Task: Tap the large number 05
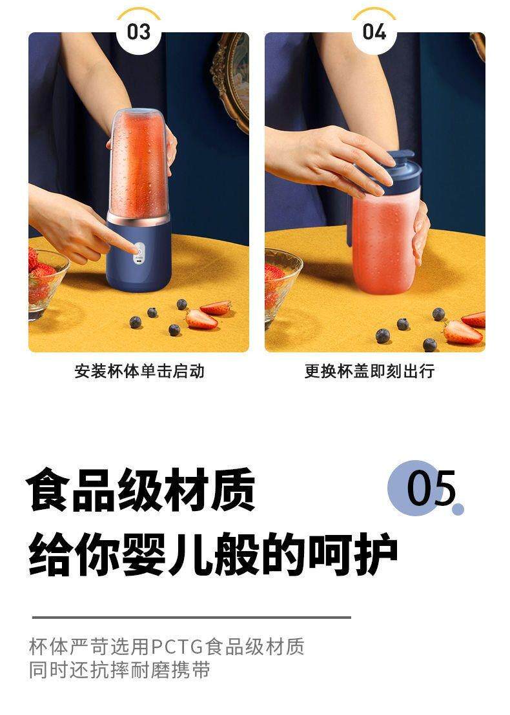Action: click(431, 488)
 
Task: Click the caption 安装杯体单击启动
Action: click(139, 372)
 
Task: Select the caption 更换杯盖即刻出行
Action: click(369, 372)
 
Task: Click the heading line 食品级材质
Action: click(141, 490)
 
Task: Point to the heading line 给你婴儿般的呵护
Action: click(212, 554)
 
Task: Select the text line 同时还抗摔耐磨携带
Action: click(119, 670)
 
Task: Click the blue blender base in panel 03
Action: click(139, 258)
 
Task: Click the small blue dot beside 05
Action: click(458, 509)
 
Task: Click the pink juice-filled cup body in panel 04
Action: click(384, 245)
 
